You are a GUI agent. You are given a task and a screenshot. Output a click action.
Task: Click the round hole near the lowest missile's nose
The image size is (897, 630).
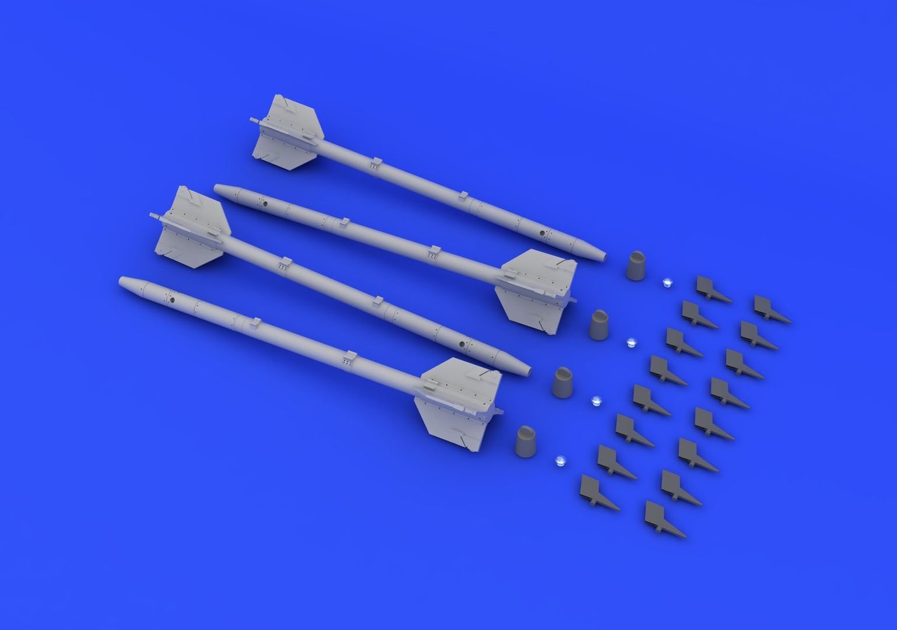(x=171, y=301)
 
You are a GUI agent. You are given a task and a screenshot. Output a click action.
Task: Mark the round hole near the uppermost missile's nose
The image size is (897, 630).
(x=542, y=233)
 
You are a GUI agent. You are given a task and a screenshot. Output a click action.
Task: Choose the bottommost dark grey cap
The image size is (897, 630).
(x=528, y=441)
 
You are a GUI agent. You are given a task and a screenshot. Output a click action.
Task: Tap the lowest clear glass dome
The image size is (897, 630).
(x=560, y=460)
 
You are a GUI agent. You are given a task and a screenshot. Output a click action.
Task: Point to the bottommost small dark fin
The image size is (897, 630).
(x=664, y=519)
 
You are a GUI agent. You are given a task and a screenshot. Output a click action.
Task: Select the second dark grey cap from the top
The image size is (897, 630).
(x=600, y=324)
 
